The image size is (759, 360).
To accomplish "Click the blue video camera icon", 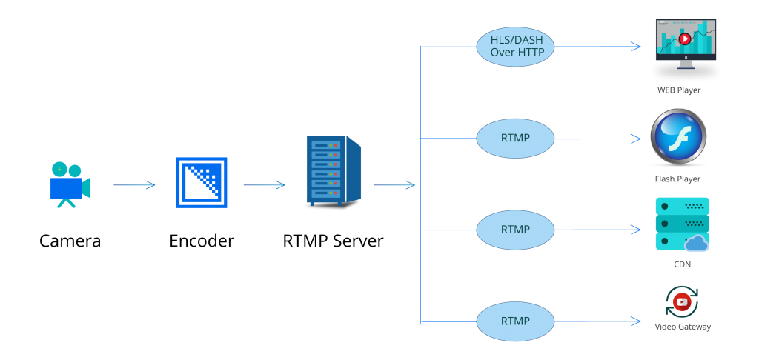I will point(69,184).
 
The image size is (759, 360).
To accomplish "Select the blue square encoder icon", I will point(202,182).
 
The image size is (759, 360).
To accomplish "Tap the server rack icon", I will point(333,170).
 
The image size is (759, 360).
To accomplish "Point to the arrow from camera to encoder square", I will point(134,185).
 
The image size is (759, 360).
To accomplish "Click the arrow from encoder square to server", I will point(264,185).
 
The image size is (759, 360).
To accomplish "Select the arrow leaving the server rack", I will point(394,185).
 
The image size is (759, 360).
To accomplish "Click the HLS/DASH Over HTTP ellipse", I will point(515,45).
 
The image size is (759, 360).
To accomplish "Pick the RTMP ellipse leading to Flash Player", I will point(515,138).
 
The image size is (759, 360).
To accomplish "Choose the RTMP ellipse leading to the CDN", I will point(515,230).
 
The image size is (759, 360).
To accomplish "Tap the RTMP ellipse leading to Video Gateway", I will point(515,321).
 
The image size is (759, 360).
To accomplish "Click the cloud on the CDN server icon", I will point(697,242).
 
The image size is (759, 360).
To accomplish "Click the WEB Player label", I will point(679,90).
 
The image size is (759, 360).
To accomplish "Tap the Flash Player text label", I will point(677,179).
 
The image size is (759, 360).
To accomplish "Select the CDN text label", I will point(682,264).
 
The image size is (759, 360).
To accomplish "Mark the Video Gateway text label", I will point(683,327).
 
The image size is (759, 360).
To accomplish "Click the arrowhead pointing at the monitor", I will point(636,47).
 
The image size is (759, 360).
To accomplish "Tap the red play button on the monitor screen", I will point(685,39).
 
